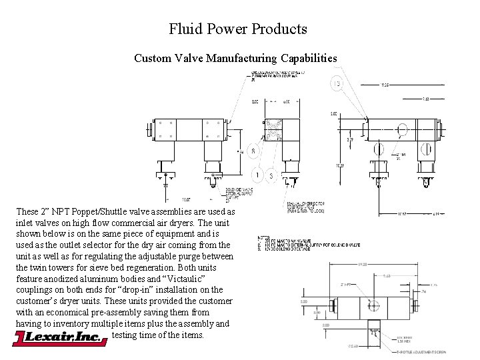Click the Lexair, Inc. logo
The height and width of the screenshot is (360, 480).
(60, 339)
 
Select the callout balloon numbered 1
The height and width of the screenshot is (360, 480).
(257, 175)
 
